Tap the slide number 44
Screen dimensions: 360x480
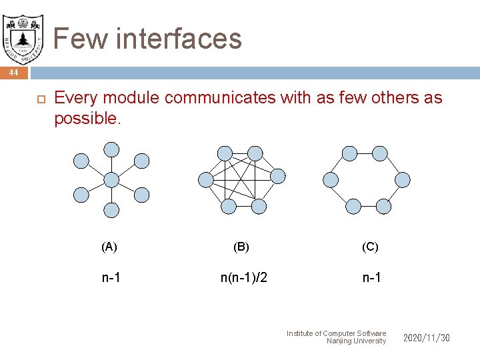tap(13, 72)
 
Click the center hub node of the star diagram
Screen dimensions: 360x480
tap(111, 179)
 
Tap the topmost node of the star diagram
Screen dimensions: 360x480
tap(112, 149)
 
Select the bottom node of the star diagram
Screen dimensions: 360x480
tap(111, 211)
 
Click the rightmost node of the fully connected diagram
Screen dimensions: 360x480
tap(278, 176)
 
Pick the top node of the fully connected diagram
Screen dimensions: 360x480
tap(227, 153)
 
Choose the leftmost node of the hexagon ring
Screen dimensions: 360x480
tap(330, 179)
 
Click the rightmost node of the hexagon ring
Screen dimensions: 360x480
tap(403, 179)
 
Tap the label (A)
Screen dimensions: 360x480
tap(109, 247)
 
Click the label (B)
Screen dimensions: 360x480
tap(241, 247)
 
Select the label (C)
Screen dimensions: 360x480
tap(370, 247)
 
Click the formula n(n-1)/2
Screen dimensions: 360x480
tap(244, 277)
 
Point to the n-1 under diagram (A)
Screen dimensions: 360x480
tap(111, 277)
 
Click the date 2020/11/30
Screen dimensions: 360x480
tap(427, 338)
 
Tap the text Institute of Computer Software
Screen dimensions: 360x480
tap(336, 333)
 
